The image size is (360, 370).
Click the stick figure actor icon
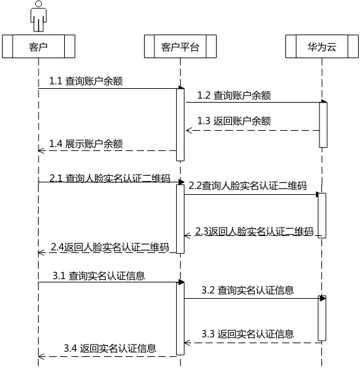[x=38, y=16]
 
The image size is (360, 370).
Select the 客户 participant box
[x=39, y=46]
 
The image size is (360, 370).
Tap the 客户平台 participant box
[x=180, y=46]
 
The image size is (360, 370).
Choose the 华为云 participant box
[x=322, y=46]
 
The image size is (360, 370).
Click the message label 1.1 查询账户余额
[x=86, y=81]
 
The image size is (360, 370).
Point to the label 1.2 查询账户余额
[x=234, y=95]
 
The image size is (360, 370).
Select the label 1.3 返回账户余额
[x=234, y=121]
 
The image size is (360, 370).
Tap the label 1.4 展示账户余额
[x=86, y=144]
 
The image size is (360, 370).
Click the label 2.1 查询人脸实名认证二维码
[x=110, y=178]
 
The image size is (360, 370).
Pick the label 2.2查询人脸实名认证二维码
[x=247, y=186]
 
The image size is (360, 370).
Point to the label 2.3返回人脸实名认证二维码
[x=255, y=231]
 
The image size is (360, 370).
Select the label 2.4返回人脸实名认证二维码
[x=110, y=247]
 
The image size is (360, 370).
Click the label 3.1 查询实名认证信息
[x=99, y=276]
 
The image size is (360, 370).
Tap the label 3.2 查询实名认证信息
[x=247, y=290]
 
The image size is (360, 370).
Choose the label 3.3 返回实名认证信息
[x=247, y=334]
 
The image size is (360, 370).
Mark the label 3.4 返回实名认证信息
[x=110, y=348]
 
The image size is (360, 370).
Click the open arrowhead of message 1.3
[x=189, y=130]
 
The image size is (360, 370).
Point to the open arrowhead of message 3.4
[x=41, y=356]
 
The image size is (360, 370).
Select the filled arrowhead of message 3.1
[x=181, y=282]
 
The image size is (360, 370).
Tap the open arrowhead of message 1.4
[x=41, y=150]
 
